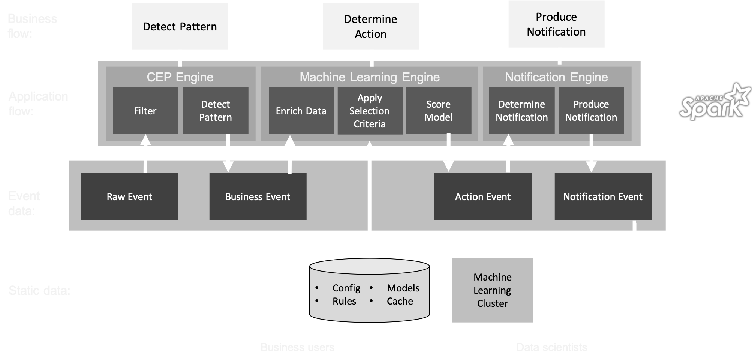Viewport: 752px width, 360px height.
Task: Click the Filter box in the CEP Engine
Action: tap(145, 111)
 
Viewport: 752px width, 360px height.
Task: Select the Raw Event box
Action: tap(129, 196)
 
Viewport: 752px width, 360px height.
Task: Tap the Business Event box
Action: tap(258, 196)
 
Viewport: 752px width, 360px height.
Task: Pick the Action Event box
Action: tap(482, 196)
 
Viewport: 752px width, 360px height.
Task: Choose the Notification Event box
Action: tap(603, 196)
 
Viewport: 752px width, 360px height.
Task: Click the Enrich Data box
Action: tap(301, 111)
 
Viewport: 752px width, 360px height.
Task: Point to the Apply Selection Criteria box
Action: tap(370, 111)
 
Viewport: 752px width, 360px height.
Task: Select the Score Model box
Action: tap(438, 111)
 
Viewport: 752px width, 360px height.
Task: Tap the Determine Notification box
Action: tap(521, 111)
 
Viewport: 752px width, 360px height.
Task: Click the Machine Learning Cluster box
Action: tap(492, 290)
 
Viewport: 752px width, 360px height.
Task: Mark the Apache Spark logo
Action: tap(715, 102)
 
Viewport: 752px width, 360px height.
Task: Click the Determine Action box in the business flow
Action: tap(371, 26)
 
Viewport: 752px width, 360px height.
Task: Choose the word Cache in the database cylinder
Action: tap(400, 301)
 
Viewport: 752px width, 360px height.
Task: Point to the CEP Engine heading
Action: tap(180, 77)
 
